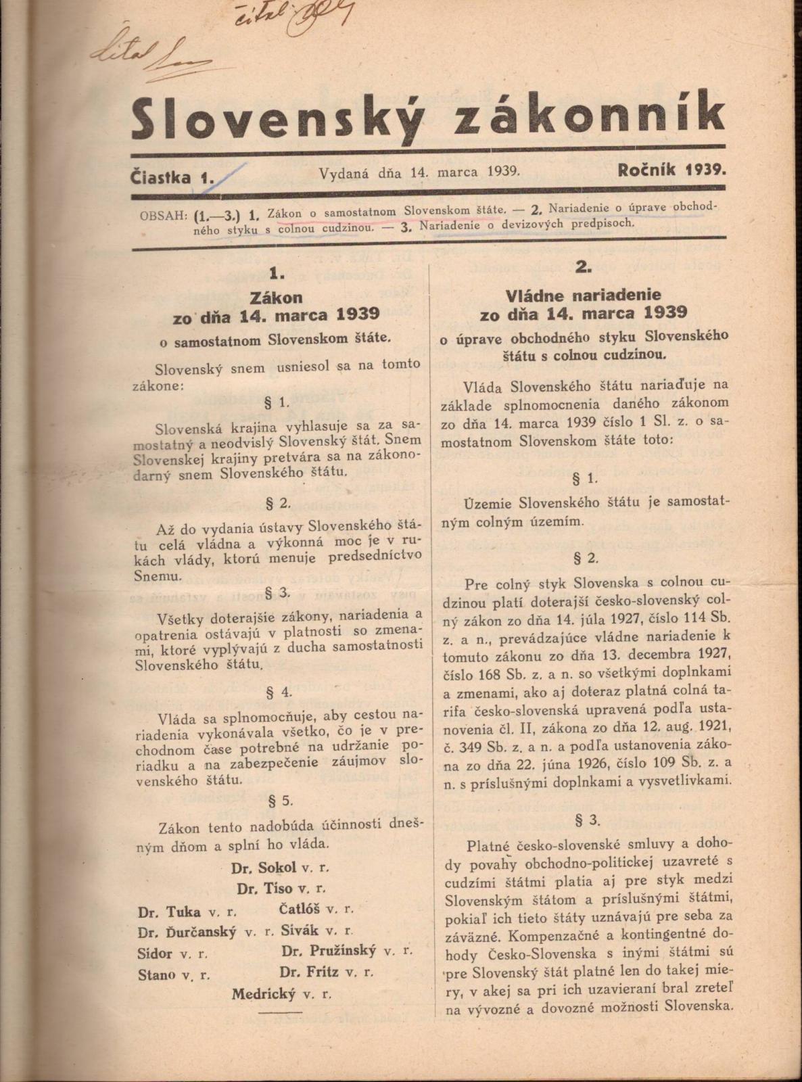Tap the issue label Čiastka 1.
(174, 177)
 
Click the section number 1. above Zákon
(277, 273)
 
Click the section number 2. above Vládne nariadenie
(584, 267)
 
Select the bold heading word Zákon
(277, 297)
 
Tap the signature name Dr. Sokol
(264, 868)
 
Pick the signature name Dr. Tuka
(169, 912)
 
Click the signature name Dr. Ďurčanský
(187, 933)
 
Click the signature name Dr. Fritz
(310, 972)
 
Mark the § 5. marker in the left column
(280, 801)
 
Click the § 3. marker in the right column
(587, 820)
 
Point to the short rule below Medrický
(280, 1012)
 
